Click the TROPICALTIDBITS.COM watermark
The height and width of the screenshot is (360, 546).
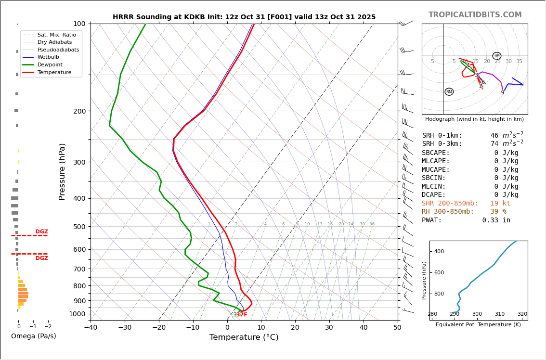[475, 15]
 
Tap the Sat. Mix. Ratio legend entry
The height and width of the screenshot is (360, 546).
[56, 35]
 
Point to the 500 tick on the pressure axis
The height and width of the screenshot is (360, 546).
[79, 227]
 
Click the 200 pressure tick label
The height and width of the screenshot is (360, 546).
[79, 111]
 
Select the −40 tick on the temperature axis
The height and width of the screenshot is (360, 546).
[91, 328]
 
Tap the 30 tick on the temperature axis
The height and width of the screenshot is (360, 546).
[329, 328]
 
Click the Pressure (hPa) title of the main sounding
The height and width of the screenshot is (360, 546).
[62, 171]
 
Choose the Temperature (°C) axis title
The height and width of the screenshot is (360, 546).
[244, 337]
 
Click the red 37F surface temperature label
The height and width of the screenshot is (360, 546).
[242, 315]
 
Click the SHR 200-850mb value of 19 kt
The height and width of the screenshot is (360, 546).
[500, 204]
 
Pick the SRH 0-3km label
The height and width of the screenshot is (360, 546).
[442, 144]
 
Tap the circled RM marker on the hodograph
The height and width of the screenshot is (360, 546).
[449, 92]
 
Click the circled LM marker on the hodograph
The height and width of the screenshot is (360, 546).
[497, 56]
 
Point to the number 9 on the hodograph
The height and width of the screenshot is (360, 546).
[502, 93]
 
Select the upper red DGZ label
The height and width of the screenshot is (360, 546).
[41, 232]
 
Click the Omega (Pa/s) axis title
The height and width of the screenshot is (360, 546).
[33, 336]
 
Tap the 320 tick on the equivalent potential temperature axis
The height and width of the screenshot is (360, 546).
[522, 314]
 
